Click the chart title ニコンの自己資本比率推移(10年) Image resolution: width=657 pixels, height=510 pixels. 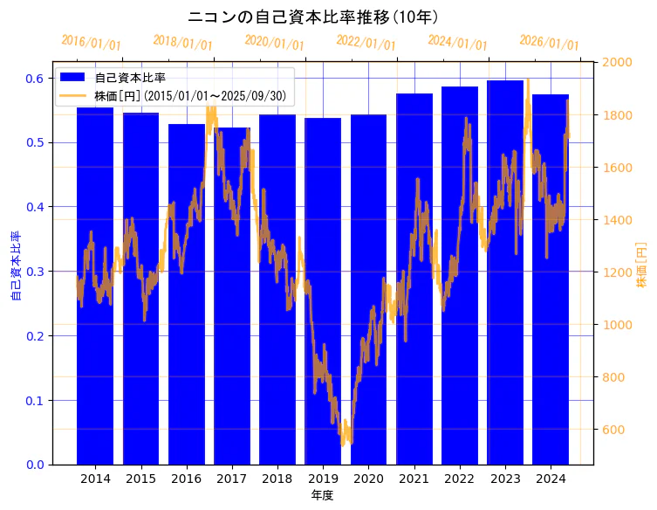313,17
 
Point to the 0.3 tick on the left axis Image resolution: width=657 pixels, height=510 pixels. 35,272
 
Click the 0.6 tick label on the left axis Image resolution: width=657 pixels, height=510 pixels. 35,79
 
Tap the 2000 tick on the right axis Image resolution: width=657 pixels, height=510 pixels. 619,62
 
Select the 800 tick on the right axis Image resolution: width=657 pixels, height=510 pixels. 616,377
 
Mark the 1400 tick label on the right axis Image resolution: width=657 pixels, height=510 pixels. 619,220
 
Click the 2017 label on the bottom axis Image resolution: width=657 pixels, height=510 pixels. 232,479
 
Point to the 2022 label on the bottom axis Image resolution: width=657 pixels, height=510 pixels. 460,479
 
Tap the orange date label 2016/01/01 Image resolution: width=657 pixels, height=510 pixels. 92,43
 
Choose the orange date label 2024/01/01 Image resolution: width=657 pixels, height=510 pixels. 458,43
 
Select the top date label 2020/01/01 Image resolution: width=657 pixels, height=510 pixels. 275,43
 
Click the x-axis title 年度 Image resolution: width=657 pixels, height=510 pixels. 323,495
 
